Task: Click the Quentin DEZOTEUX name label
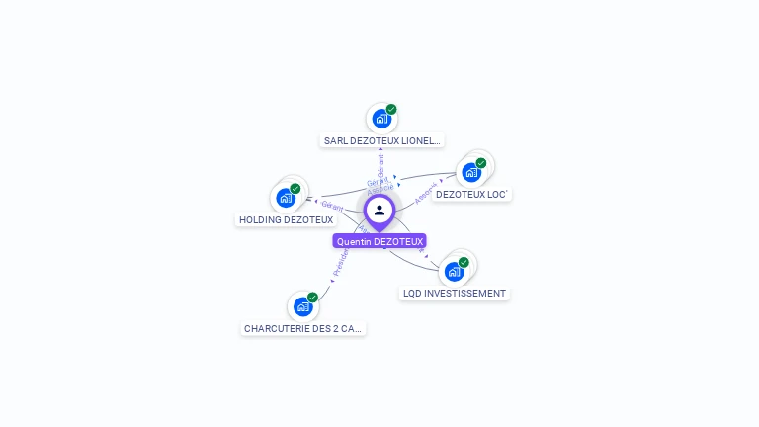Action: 379,241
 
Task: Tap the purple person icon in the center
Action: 379,211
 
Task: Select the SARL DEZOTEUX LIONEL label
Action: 382,140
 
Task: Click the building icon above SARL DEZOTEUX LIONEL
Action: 380,120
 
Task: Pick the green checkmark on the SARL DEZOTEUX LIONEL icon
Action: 391,110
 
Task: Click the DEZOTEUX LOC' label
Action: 471,195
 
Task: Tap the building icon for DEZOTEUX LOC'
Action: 471,173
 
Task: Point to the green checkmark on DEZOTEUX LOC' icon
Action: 481,163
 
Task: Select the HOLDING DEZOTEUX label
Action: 286,219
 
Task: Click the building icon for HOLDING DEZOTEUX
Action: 286,198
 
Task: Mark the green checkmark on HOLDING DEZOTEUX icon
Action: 295,188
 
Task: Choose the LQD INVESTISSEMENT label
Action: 455,294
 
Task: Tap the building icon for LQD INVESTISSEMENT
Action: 454,272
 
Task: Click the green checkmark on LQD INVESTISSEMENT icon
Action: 464,262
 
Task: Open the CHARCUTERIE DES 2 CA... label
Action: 303,328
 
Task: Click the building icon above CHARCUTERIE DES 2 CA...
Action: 302,306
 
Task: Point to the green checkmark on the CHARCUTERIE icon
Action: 312,297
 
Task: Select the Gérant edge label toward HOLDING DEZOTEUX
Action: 332,206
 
